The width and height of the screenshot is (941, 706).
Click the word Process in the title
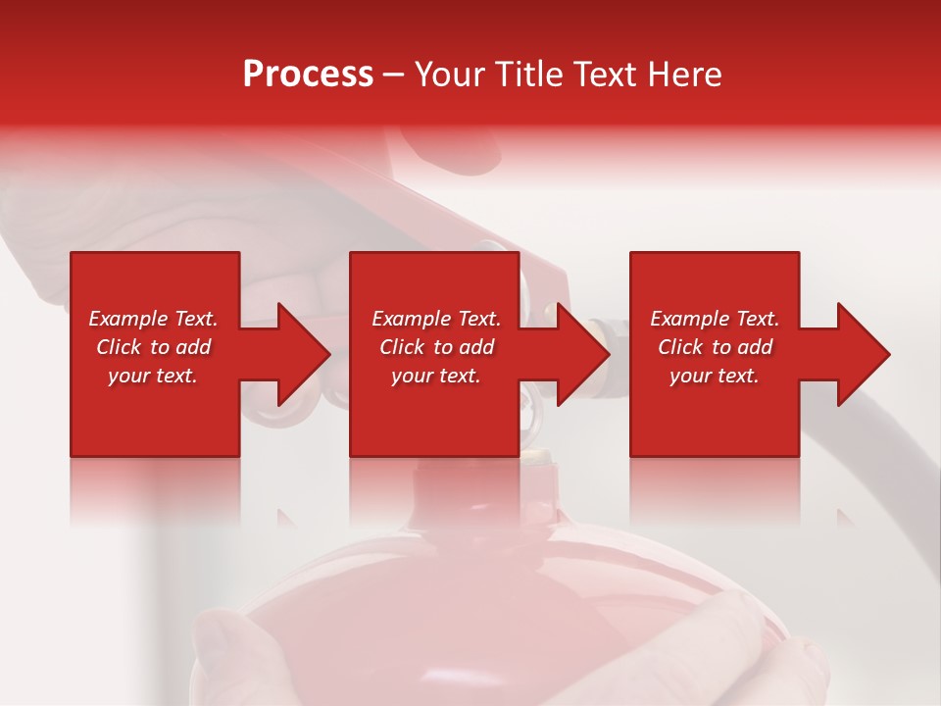click(x=308, y=74)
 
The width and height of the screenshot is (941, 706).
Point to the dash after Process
click(x=393, y=75)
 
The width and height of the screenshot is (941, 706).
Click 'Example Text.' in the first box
click(x=153, y=319)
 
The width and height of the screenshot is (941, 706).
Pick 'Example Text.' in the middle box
click(x=436, y=319)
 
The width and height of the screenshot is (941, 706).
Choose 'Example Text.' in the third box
click(x=715, y=319)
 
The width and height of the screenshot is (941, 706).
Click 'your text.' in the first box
click(x=153, y=376)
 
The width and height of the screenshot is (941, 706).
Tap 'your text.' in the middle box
click(x=436, y=376)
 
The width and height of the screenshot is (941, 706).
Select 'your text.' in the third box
click(x=715, y=376)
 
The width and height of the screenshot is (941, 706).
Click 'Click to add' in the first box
click(x=153, y=347)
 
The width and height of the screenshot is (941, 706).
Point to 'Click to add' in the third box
click(x=715, y=347)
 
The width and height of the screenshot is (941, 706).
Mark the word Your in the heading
click(x=454, y=74)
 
